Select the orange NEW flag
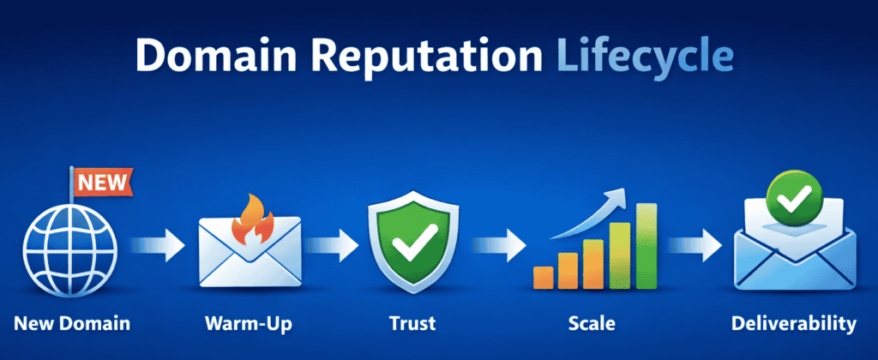tap(104, 181)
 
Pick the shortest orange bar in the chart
tap(543, 277)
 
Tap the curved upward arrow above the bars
tap(592, 213)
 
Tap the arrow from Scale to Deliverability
tap(695, 247)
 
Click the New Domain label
tap(73, 324)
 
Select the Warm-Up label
tap(248, 324)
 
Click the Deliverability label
tap(793, 324)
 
